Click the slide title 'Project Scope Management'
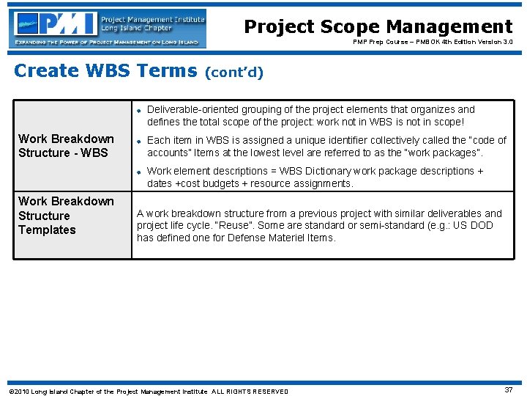pyautogui.click(x=378, y=27)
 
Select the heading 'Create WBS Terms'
pyautogui.click(x=106, y=71)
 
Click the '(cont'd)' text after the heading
pyautogui.click(x=234, y=73)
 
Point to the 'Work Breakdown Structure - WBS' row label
pyautogui.click(x=66, y=146)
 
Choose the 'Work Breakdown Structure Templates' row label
pyautogui.click(x=66, y=216)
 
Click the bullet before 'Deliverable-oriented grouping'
pyautogui.click(x=138, y=109)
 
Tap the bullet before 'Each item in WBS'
pyautogui.click(x=138, y=140)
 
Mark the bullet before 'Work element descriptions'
pyautogui.click(x=138, y=171)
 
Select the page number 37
pyautogui.click(x=508, y=390)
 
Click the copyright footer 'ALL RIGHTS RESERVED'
pyautogui.click(x=250, y=392)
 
